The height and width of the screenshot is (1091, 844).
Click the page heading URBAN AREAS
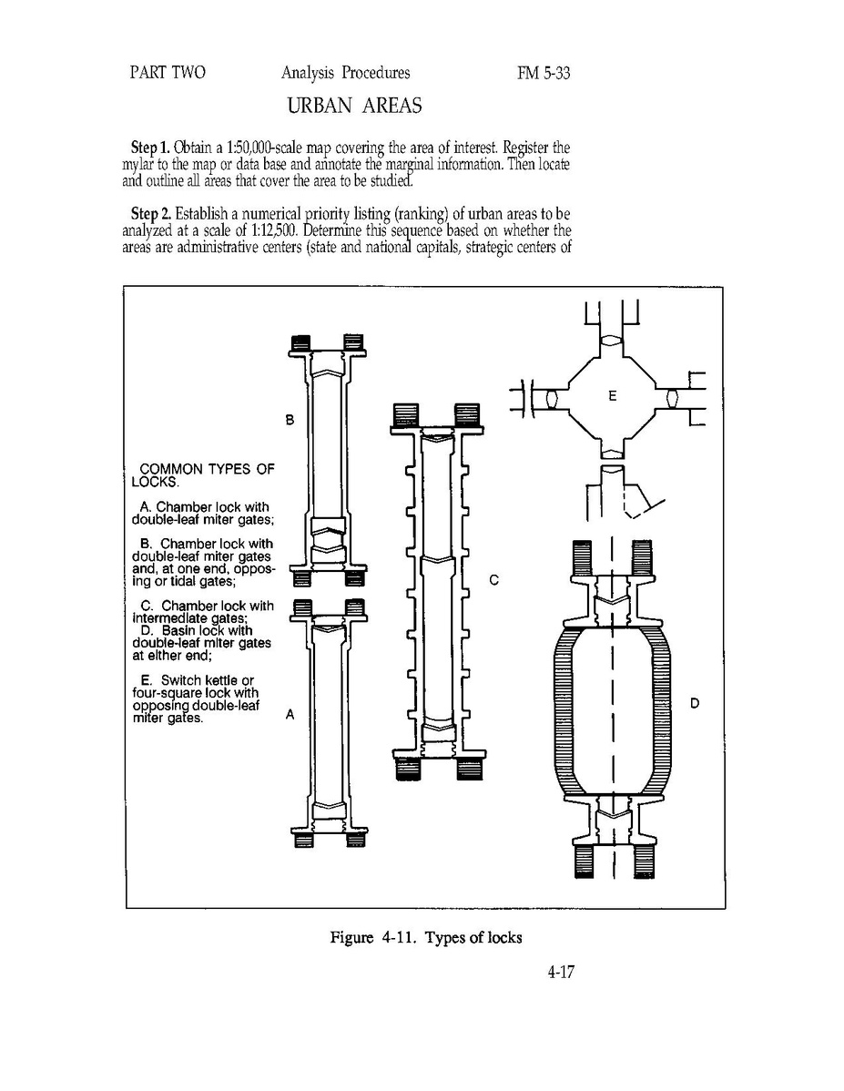tap(354, 106)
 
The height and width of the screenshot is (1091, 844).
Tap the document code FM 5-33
tap(544, 73)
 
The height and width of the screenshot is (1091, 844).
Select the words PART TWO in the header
tap(167, 73)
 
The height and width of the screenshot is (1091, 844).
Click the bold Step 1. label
tap(151, 148)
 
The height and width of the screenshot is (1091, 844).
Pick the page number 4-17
tap(560, 972)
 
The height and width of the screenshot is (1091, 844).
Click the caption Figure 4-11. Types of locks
tap(426, 937)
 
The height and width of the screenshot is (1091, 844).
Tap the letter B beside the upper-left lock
tap(290, 420)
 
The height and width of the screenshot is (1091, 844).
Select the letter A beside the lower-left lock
tap(290, 715)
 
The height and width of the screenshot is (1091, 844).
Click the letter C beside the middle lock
tap(494, 579)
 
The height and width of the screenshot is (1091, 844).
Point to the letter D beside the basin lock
tap(695, 703)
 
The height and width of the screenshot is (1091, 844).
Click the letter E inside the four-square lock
tap(613, 396)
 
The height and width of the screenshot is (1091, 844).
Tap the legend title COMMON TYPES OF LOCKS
tap(203, 475)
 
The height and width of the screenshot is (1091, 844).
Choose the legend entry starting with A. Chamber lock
tap(202, 514)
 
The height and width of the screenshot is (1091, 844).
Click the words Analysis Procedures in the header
tap(346, 73)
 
